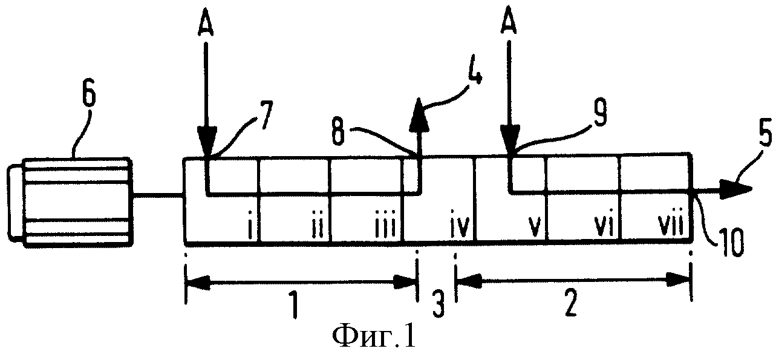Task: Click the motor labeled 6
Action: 70,202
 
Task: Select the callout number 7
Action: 266,115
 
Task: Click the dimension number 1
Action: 294,306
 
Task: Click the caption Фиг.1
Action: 373,337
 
